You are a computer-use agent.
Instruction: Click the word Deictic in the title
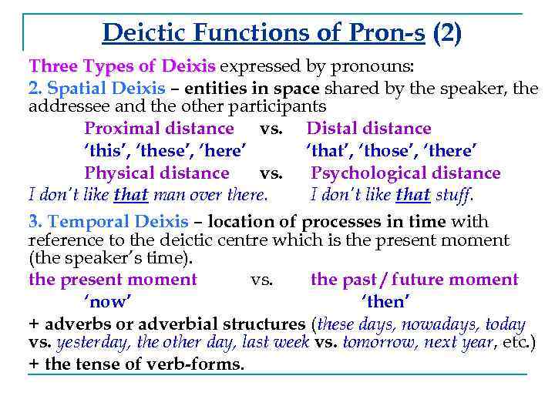point(142,32)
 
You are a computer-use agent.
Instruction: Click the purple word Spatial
point(79,89)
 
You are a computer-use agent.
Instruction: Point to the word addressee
point(65,106)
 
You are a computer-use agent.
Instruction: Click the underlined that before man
point(130,194)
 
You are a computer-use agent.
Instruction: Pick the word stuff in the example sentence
point(455,194)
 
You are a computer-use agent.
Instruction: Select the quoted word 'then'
point(383,301)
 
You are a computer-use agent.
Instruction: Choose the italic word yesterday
point(91,343)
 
